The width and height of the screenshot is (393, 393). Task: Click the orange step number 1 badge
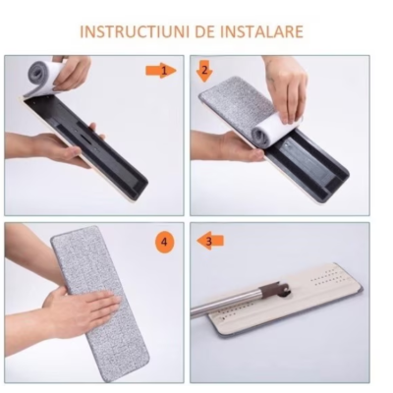point(169,70)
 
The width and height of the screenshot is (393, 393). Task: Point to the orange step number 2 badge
point(204,70)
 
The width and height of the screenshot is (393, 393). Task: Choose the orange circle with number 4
point(165,240)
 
